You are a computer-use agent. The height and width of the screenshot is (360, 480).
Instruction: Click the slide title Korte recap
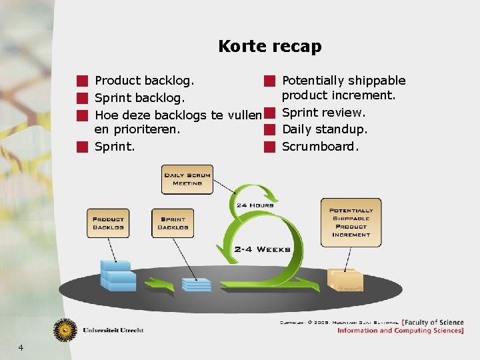269,47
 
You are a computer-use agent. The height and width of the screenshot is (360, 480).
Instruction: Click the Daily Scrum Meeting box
187,179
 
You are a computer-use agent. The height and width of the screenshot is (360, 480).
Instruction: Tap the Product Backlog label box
108,223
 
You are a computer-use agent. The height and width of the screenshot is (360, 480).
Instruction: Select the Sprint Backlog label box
173,223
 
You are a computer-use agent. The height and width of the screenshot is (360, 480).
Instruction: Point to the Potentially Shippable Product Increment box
351,223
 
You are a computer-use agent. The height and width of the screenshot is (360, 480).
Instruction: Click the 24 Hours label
255,205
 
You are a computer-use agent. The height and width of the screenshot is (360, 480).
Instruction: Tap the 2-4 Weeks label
262,249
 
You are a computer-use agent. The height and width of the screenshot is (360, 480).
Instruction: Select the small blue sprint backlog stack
196,284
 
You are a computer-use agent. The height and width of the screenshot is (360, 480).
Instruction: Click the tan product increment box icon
346,280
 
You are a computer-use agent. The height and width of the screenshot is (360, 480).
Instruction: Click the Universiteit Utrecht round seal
65,329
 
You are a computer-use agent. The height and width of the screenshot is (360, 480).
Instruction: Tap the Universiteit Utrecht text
113,330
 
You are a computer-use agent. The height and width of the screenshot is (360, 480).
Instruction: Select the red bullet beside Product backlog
82,81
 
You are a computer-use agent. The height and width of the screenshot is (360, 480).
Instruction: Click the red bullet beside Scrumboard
269,146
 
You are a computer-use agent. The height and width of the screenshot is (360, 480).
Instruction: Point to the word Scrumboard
320,146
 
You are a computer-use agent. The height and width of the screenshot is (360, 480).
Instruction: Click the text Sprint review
323,113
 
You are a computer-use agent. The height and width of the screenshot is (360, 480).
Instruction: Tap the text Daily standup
325,129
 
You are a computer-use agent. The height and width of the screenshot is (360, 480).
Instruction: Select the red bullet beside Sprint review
269,113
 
